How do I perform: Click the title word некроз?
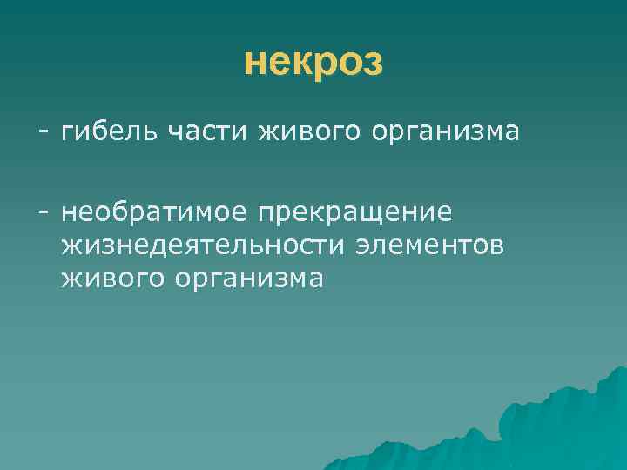pyautogui.click(x=313, y=62)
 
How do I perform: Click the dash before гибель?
pyautogui.click(x=42, y=133)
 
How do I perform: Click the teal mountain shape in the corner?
pyautogui.click(x=557, y=426)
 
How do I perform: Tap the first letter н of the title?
pyautogui.click(x=253, y=63)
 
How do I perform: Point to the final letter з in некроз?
pyautogui.click(x=373, y=63)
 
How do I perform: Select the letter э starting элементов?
pyautogui.click(x=361, y=246)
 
